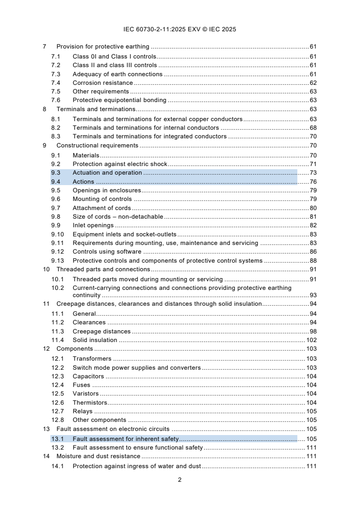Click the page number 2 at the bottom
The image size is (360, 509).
coord(180,480)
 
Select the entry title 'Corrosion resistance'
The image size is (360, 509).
coord(103,83)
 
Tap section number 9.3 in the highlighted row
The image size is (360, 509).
coord(55,173)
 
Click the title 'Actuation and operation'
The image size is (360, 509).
coord(107,173)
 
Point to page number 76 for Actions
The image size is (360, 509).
coord(313,182)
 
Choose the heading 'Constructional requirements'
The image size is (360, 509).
coord(97,146)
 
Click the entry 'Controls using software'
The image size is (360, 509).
coord(107,252)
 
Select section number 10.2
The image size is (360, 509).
coord(57,288)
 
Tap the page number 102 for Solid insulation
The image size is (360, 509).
coord(311,340)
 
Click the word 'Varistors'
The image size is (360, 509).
coord(85,394)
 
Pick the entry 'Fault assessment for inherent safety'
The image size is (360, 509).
coord(126,439)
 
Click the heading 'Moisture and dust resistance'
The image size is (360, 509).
coord(98,456)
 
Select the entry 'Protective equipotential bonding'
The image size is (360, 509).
coord(119,100)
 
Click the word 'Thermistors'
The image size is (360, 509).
coord(90,403)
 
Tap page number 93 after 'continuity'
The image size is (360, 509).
coord(313,295)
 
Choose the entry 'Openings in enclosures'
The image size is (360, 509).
coord(107,191)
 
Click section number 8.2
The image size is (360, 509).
coord(55,128)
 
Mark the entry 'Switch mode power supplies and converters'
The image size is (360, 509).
coord(136,368)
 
